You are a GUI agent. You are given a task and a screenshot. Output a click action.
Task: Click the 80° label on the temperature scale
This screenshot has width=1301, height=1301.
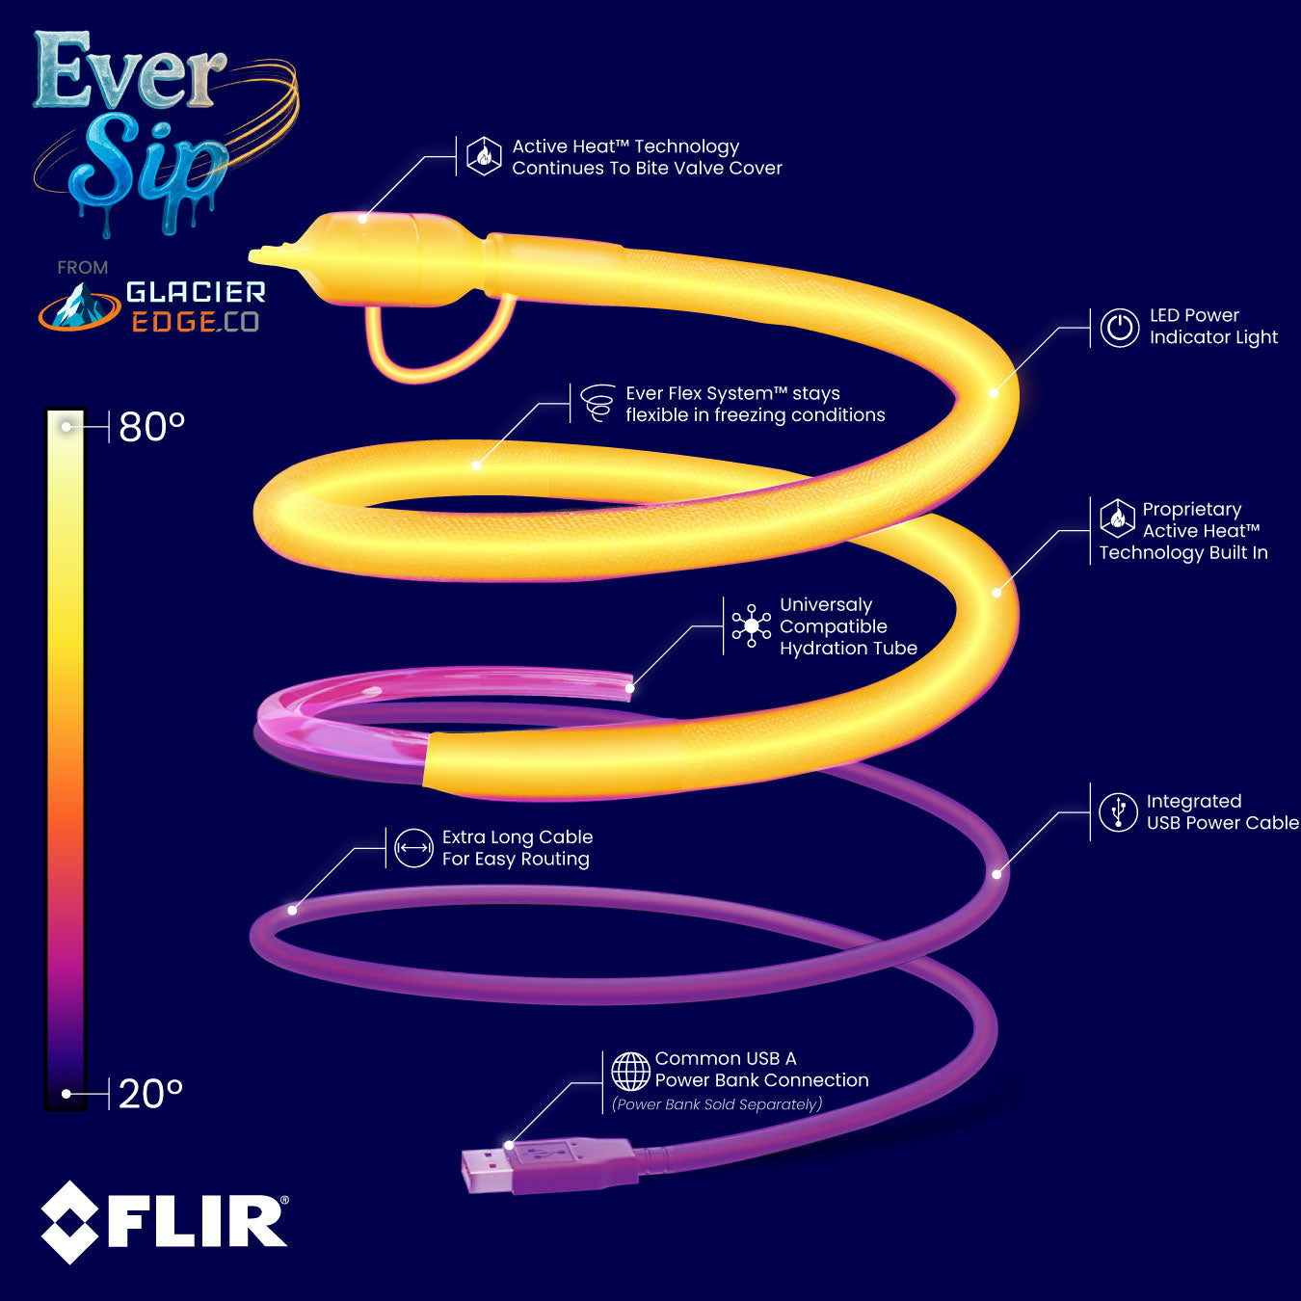coord(151,427)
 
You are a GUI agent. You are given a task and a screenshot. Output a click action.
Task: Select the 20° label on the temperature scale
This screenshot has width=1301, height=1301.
coord(150,1094)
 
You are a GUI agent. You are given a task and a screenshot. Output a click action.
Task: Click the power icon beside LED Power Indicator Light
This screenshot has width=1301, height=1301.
coord(1120,328)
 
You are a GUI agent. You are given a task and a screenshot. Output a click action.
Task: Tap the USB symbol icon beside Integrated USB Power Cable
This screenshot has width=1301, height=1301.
coord(1118,812)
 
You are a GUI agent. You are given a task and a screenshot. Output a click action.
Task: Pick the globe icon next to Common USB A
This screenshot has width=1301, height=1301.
coord(630,1071)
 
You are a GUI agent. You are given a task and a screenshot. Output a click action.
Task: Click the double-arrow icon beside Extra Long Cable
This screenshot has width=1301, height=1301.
coord(413,848)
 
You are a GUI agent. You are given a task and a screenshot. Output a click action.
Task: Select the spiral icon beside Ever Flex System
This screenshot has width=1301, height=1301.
coord(598,403)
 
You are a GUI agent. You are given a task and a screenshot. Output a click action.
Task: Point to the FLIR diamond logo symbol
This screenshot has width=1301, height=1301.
coord(69,1222)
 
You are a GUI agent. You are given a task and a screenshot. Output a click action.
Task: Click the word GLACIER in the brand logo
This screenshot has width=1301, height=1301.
coord(196,292)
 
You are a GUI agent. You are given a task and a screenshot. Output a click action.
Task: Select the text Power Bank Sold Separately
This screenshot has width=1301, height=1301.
coord(717,1104)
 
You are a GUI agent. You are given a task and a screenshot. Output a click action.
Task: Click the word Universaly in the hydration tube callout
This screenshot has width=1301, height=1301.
coord(826,605)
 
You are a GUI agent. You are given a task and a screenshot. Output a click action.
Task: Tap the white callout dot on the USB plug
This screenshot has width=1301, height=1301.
coord(509,1146)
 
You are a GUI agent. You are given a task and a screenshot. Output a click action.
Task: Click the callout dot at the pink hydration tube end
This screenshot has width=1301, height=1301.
coord(629,688)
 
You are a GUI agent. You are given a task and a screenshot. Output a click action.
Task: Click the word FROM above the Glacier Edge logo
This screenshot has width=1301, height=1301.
coord(82,268)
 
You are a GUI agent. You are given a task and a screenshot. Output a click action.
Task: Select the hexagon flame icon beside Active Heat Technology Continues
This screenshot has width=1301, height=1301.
coord(484,156)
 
